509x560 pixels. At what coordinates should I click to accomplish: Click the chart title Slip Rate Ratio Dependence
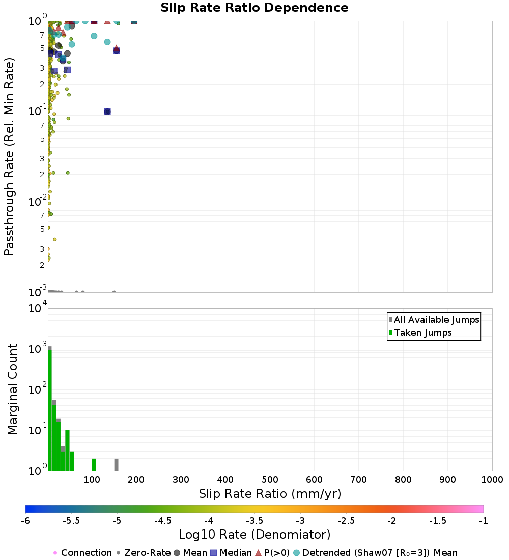[x=254, y=8]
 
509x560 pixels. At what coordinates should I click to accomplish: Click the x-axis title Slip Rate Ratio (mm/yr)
[x=270, y=494]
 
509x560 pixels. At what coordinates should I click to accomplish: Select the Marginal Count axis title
[x=12, y=389]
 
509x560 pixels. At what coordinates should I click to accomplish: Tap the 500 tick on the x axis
[x=270, y=480]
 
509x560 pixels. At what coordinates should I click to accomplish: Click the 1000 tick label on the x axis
[x=492, y=480]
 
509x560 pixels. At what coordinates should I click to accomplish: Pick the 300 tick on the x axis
[x=181, y=480]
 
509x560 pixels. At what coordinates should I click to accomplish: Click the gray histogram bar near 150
[x=116, y=464]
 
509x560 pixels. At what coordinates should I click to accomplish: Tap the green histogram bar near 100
[x=94, y=464]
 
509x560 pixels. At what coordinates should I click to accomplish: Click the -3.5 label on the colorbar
[x=254, y=520]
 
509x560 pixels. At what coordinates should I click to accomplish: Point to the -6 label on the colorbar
[x=25, y=520]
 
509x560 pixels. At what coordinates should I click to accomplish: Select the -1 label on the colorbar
[x=484, y=520]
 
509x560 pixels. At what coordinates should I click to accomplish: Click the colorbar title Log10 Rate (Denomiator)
[x=254, y=535]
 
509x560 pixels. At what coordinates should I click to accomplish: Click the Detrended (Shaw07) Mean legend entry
[x=379, y=553]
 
